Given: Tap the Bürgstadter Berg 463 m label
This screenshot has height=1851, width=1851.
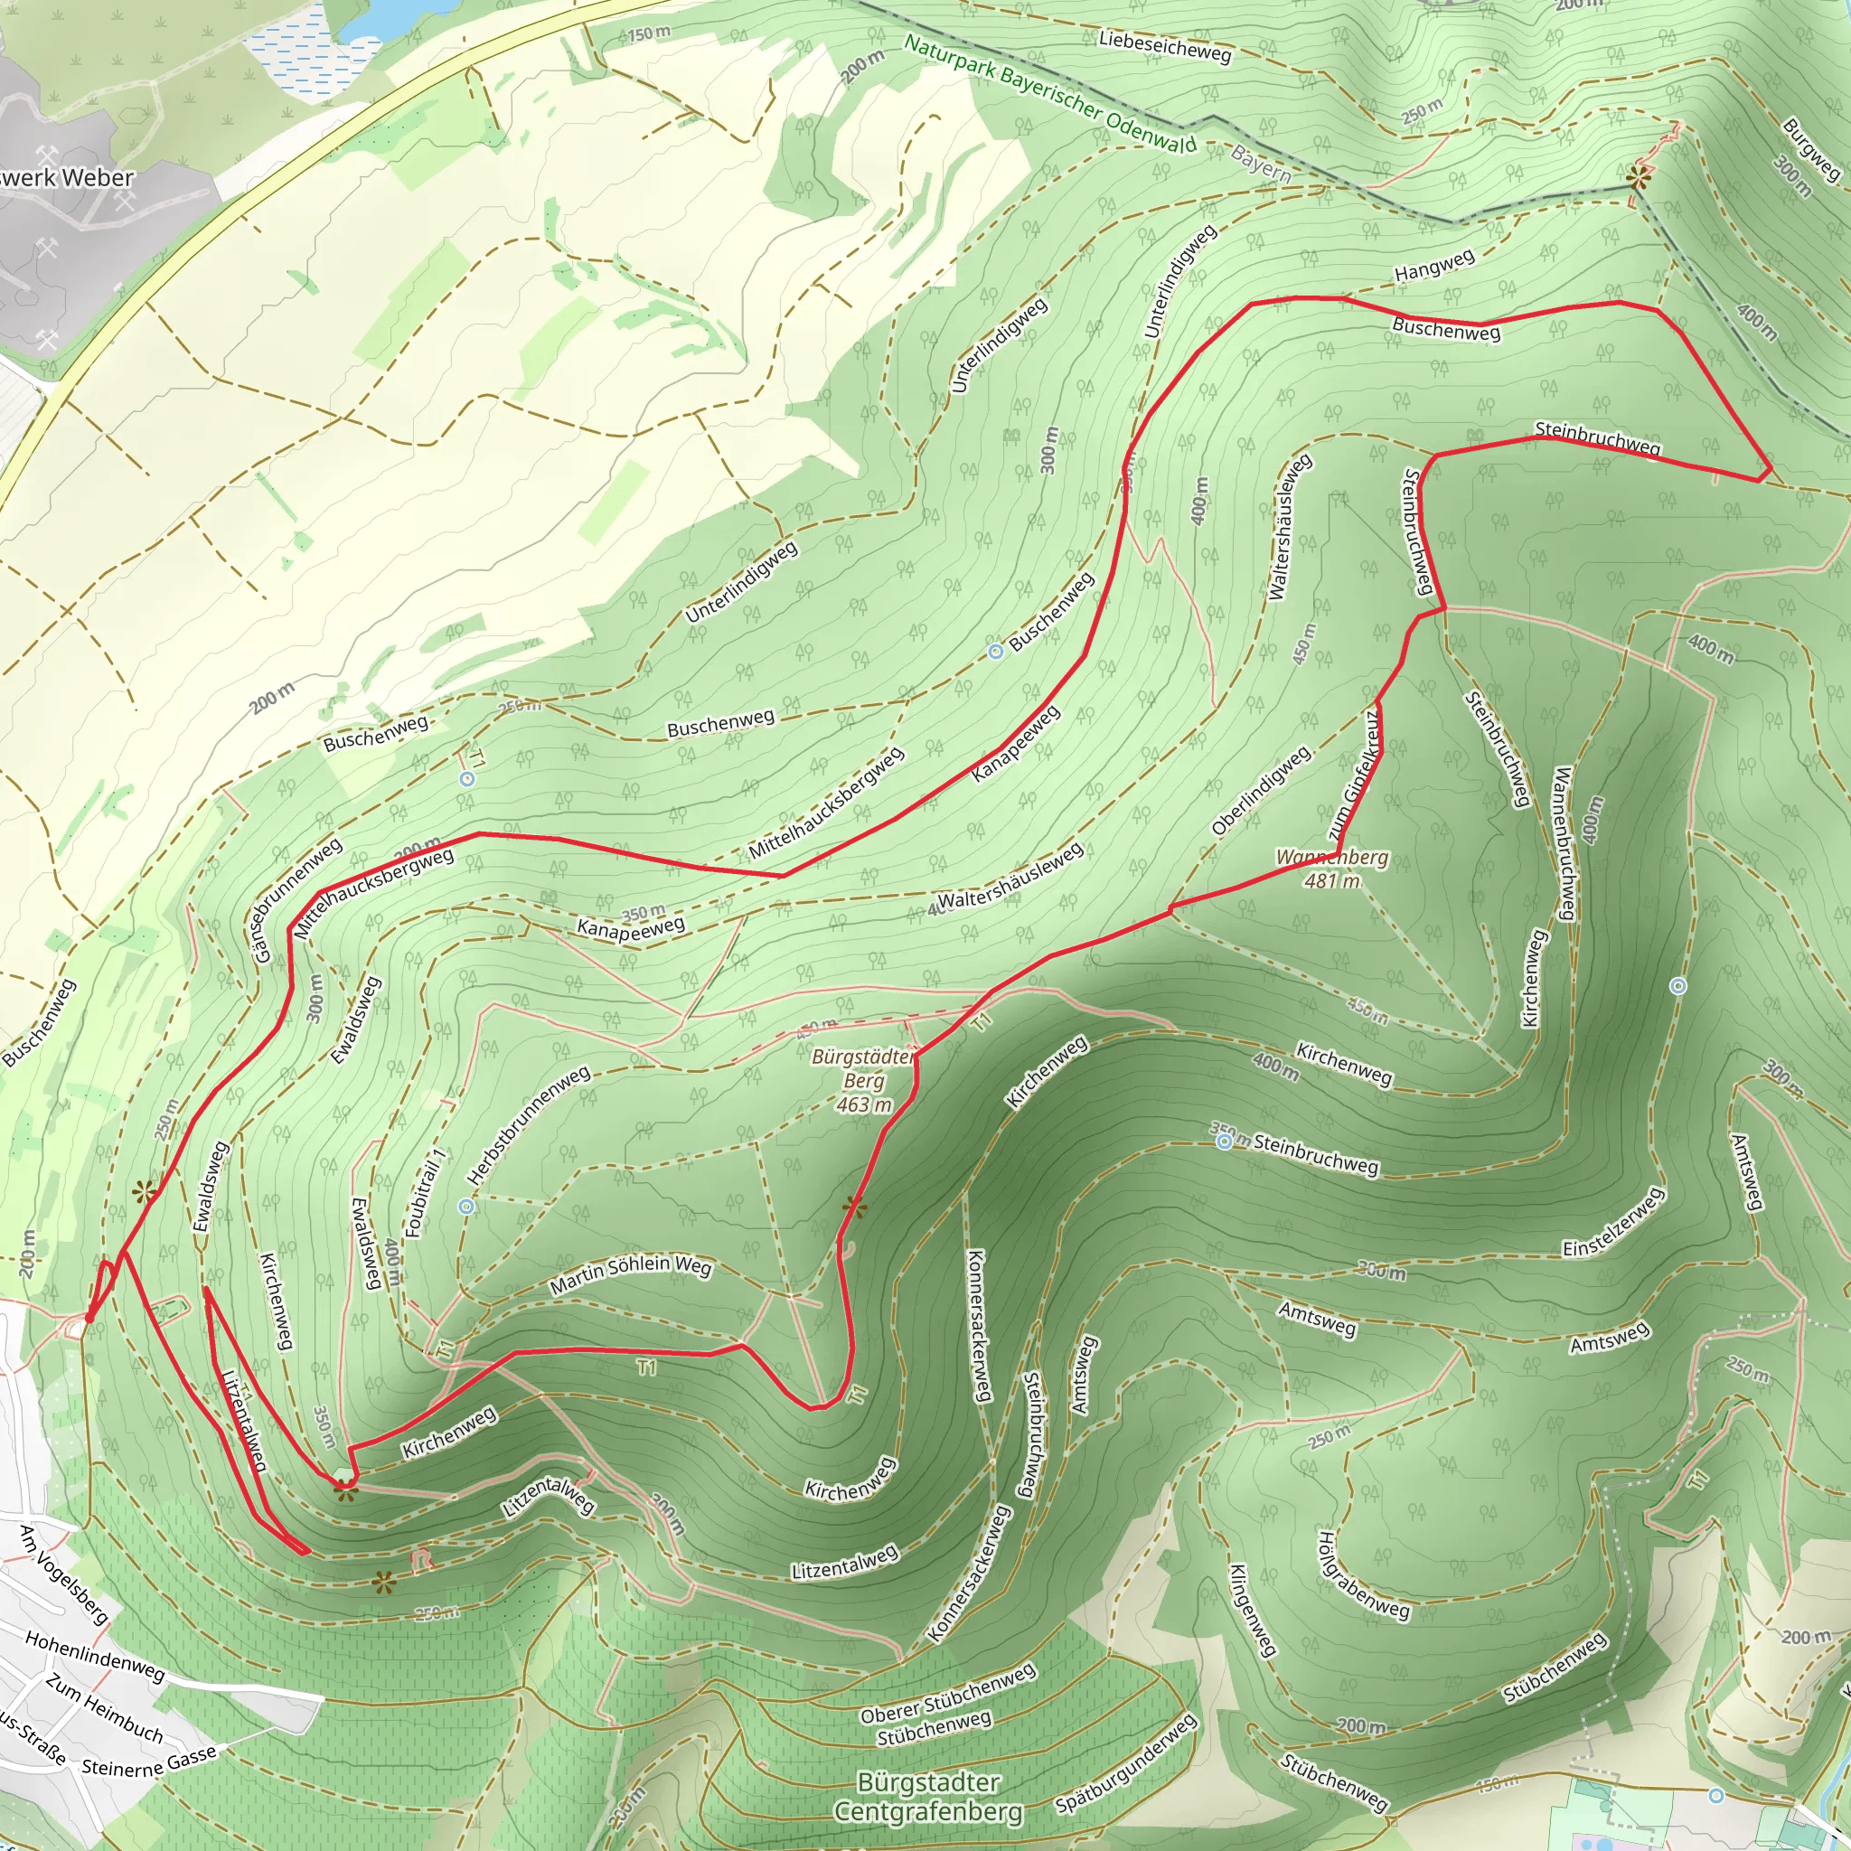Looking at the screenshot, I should [863, 1081].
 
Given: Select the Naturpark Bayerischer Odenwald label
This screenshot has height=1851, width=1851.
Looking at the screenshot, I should [1050, 94].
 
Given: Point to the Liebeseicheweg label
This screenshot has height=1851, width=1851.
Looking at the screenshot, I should [1164, 46].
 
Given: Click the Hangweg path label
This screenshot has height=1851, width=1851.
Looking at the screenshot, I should [1434, 266].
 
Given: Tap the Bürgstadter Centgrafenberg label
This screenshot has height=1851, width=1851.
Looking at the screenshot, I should [927, 1798].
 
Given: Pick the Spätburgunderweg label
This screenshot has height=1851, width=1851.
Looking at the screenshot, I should [1127, 1765].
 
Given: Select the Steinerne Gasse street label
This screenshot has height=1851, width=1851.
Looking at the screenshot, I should [149, 1761].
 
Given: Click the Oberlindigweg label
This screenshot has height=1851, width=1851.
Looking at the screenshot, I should [1261, 792].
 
